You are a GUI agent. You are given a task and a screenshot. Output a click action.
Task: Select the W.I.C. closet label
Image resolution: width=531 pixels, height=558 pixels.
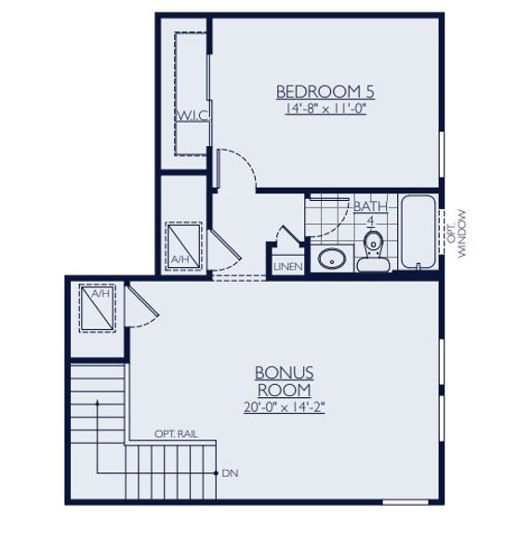tap(192, 114)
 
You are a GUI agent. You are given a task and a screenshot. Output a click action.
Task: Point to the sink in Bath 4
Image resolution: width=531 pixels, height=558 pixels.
tap(330, 258)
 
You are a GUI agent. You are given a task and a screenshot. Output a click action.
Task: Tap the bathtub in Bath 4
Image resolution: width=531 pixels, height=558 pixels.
tap(420, 232)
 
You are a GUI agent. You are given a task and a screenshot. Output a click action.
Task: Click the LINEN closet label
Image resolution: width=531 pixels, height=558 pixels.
tap(285, 267)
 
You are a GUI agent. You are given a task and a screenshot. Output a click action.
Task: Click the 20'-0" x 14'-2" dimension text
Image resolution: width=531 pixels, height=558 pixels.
tap(283, 406)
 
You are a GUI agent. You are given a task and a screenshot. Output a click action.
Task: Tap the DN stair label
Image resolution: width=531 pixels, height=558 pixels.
tap(231, 473)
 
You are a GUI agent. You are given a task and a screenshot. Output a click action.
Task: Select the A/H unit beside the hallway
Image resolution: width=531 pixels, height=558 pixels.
tap(182, 245)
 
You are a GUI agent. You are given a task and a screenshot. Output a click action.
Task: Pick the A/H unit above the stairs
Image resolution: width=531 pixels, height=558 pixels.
tap(97, 308)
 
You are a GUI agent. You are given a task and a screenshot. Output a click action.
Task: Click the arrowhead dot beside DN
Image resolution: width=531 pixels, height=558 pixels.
tap(216, 473)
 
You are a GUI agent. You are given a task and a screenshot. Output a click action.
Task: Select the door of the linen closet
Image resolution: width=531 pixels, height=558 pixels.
tap(286, 239)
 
